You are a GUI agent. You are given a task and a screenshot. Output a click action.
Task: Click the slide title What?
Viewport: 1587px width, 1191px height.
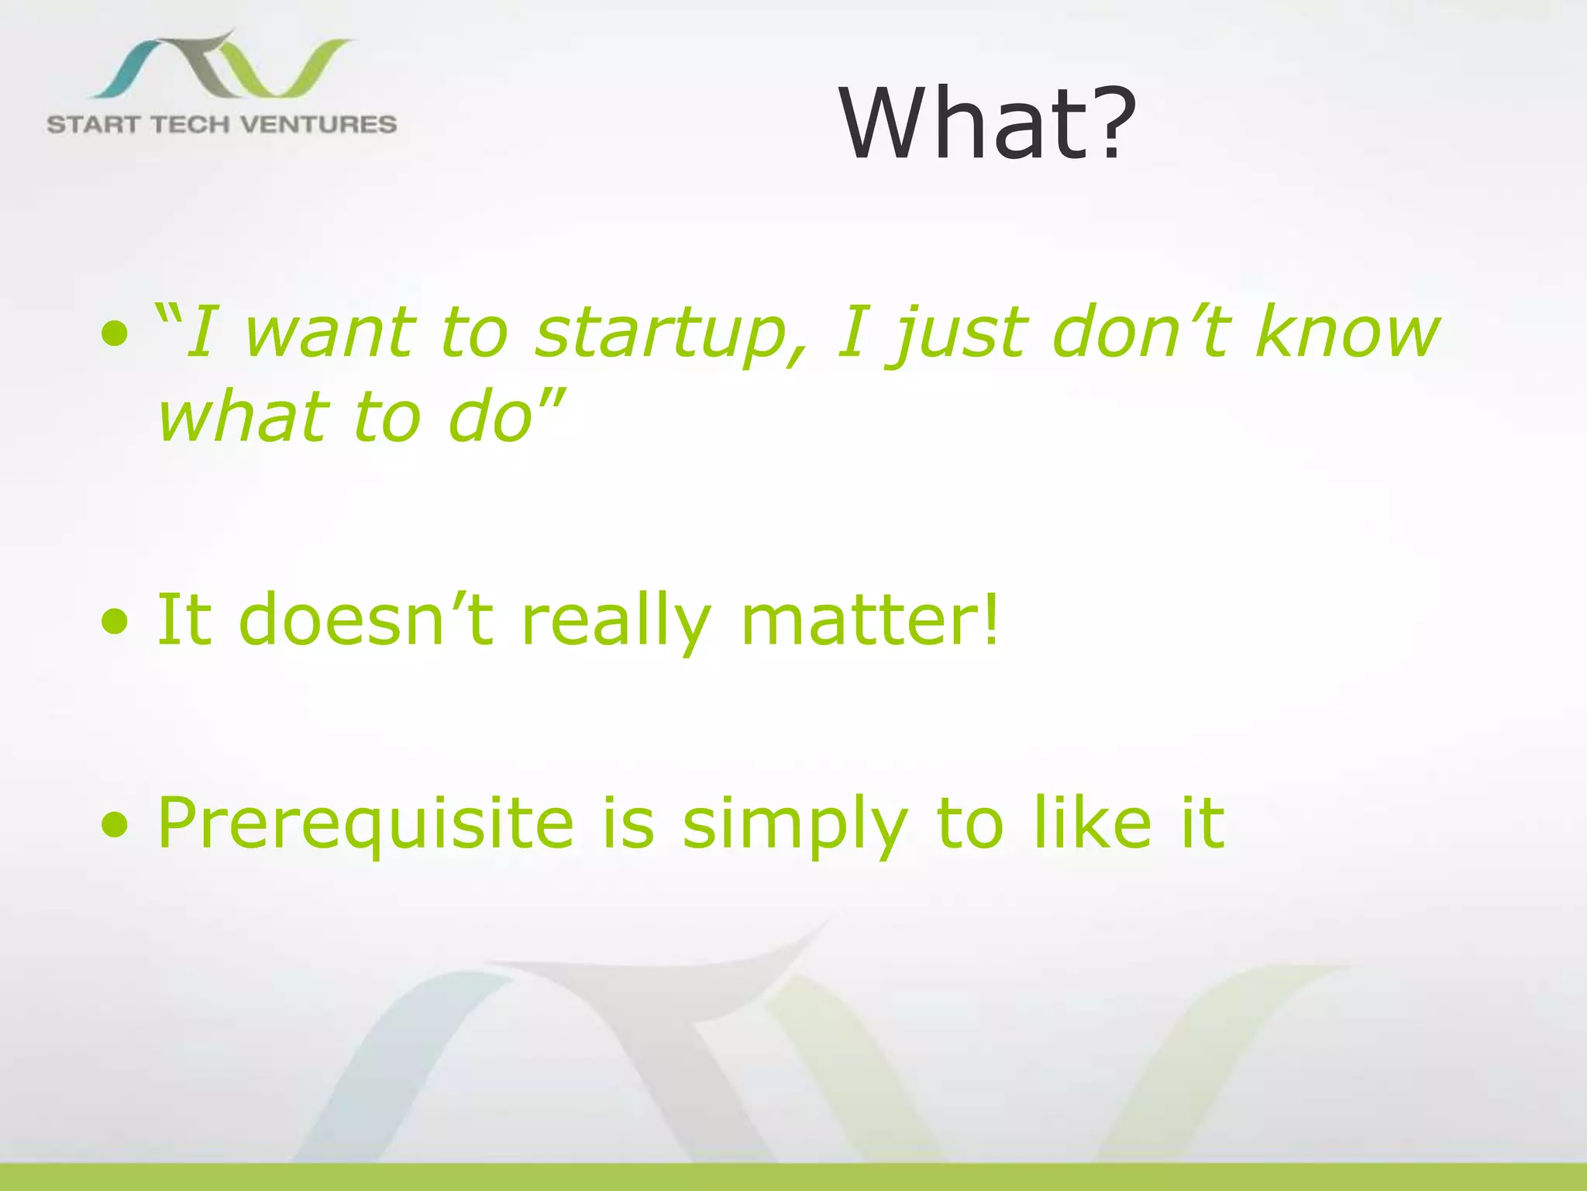pos(987,124)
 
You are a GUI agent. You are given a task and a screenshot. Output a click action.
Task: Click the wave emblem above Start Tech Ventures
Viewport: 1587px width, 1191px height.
pos(221,66)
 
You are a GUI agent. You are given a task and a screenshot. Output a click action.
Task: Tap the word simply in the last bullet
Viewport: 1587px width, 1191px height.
pos(794,825)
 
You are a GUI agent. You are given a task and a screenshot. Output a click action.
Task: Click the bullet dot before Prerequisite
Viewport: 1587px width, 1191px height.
pos(115,827)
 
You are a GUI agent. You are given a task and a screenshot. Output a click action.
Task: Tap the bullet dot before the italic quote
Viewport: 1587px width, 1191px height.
pos(115,335)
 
